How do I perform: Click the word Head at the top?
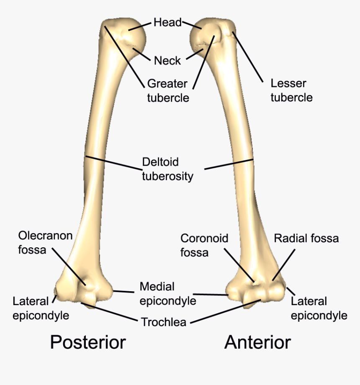[167, 22]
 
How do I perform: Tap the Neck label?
[167, 61]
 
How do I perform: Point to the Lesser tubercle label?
[291, 90]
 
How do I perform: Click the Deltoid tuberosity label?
[167, 169]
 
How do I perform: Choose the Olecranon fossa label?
[45, 243]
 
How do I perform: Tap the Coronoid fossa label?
[204, 245]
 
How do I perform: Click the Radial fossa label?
[306, 239]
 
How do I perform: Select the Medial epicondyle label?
[167, 294]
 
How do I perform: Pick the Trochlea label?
[163, 322]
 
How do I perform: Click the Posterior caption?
[88, 342]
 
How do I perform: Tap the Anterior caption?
[257, 342]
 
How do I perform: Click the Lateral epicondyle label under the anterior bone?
[319, 308]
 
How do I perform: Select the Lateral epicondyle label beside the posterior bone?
[41, 308]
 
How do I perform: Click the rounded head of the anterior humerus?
[201, 36]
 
